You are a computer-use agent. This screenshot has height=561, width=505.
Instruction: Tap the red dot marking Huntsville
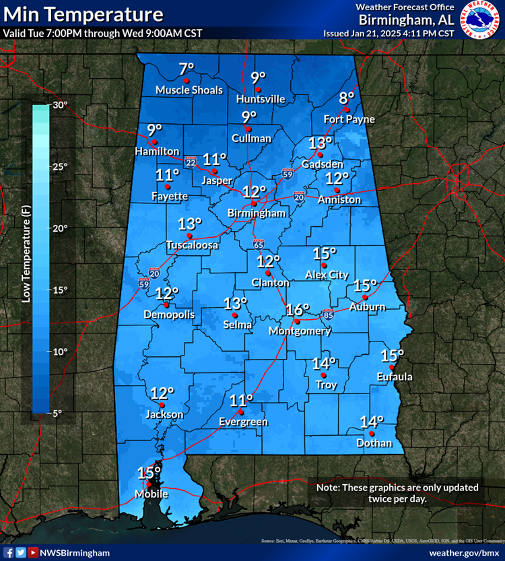point(257,89)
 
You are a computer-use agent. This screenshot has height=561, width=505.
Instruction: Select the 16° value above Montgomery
point(297,310)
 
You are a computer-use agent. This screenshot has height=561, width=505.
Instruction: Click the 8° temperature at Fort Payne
point(347,97)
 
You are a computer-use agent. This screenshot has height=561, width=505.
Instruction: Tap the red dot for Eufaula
point(392,367)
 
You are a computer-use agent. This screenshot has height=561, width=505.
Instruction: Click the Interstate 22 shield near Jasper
point(191,162)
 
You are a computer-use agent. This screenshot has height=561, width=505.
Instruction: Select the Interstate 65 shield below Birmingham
point(259,243)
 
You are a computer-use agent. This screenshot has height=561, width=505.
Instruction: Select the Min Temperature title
point(83,14)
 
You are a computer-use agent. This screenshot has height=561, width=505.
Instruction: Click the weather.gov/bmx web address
point(463,552)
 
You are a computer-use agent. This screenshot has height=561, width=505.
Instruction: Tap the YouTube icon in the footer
point(33,552)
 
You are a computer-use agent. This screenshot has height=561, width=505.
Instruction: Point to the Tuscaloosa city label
point(193,246)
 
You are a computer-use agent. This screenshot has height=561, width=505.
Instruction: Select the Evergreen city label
point(243,422)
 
